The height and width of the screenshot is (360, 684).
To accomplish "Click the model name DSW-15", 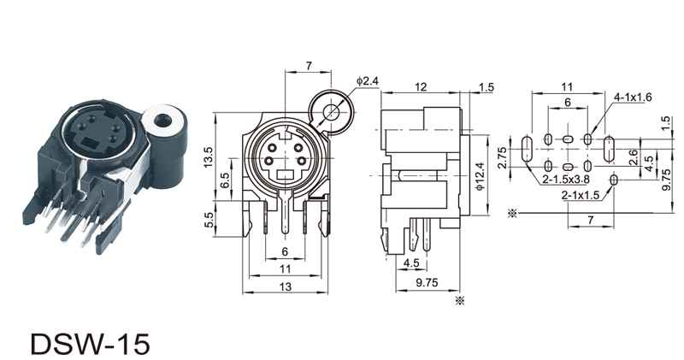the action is pyautogui.click(x=91, y=344).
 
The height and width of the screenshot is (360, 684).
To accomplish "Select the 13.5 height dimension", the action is pyautogui.click(x=209, y=157).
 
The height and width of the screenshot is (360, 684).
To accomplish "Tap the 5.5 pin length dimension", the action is pyautogui.click(x=209, y=220).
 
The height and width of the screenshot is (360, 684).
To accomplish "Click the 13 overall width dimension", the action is pyautogui.click(x=285, y=286).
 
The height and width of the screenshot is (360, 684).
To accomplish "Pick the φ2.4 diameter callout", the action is pyautogui.click(x=367, y=80).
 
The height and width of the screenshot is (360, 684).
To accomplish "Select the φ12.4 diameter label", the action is pyautogui.click(x=481, y=176).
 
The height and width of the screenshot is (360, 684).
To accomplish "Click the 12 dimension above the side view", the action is pyautogui.click(x=421, y=87).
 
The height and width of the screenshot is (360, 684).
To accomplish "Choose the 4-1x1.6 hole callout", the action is pyautogui.click(x=633, y=97).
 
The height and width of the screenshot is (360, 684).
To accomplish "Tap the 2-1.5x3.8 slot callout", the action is pyautogui.click(x=566, y=180).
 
